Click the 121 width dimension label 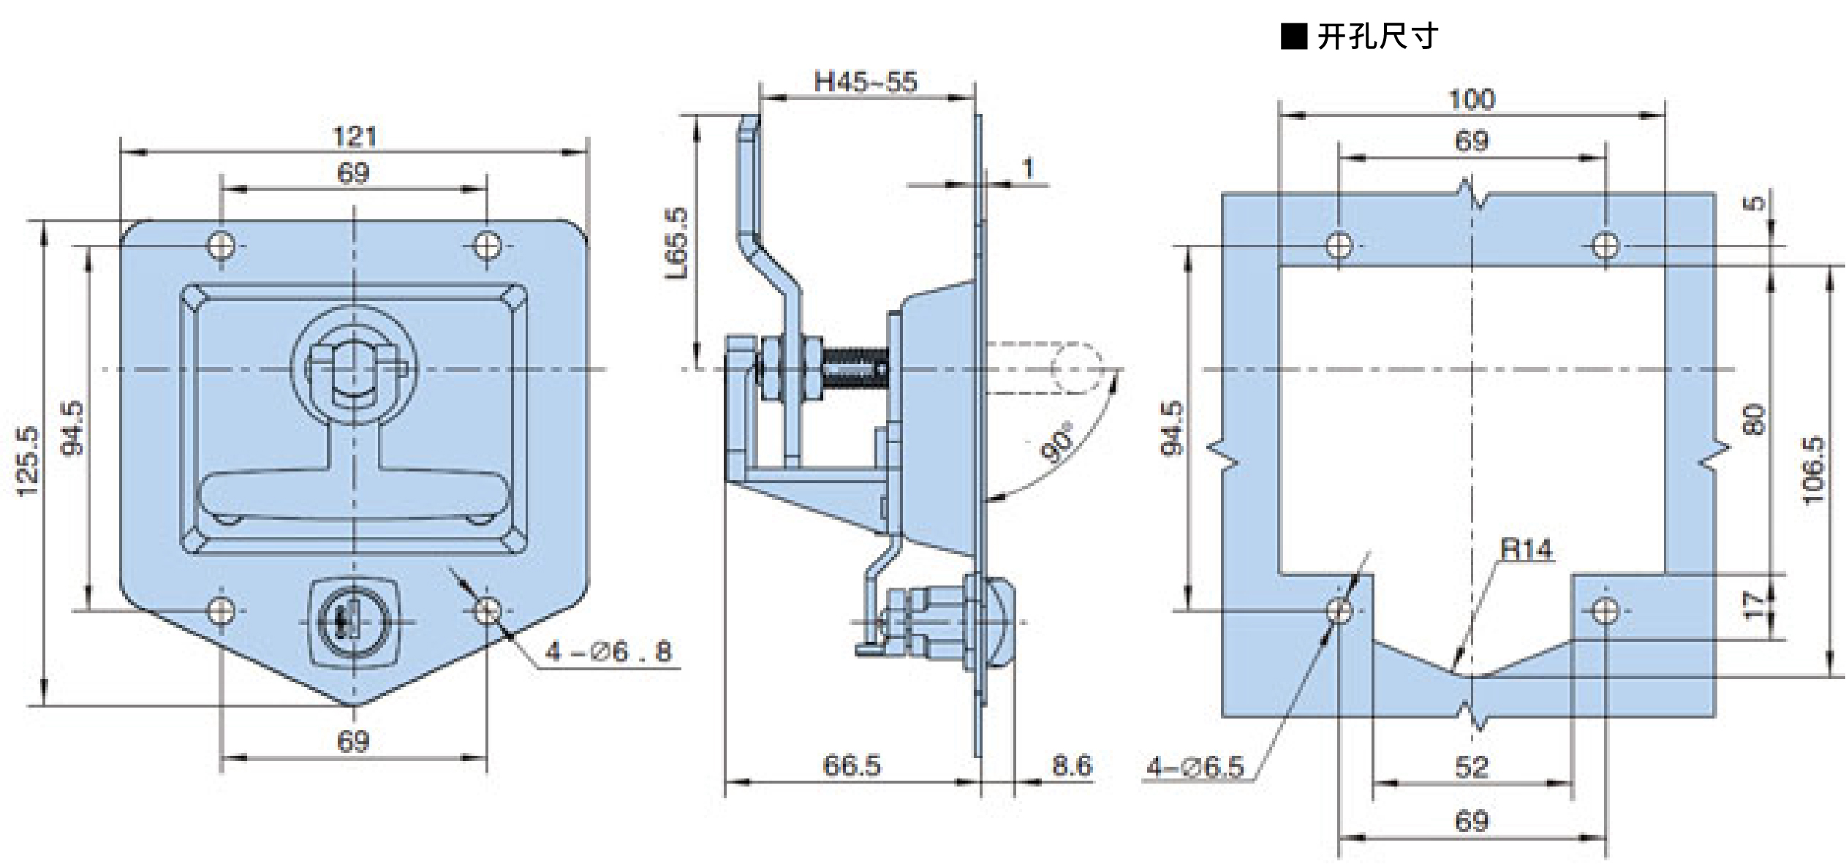point(355,137)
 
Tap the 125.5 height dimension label point(29,461)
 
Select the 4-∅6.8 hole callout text point(609,651)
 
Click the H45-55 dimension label point(866,82)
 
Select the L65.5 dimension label point(678,243)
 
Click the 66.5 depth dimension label point(852,765)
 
